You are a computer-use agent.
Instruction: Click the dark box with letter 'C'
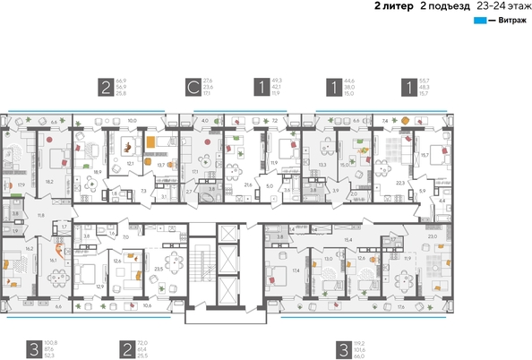point(192,87)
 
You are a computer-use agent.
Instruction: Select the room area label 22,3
point(399,182)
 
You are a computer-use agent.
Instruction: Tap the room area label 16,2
point(30,248)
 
